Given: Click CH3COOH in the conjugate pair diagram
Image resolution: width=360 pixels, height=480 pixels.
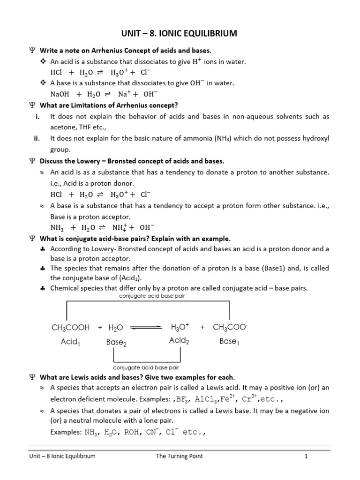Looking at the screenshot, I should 70,327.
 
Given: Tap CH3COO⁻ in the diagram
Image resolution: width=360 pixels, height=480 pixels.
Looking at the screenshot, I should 230,327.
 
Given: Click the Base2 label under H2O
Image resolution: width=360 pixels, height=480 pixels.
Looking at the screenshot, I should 116,342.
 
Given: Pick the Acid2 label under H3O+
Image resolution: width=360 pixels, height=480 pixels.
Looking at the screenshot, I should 179,341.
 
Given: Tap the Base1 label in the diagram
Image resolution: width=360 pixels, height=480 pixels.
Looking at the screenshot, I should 229,341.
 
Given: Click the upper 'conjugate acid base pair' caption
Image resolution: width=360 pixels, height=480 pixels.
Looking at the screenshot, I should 149,296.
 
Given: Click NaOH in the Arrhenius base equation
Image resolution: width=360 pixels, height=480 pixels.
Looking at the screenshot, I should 60,94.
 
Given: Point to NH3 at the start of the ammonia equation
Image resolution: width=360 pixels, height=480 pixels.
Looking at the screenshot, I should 57,228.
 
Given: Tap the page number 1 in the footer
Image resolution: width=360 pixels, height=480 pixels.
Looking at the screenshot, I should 305,456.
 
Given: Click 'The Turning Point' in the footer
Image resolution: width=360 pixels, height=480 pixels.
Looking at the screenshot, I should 180,456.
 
